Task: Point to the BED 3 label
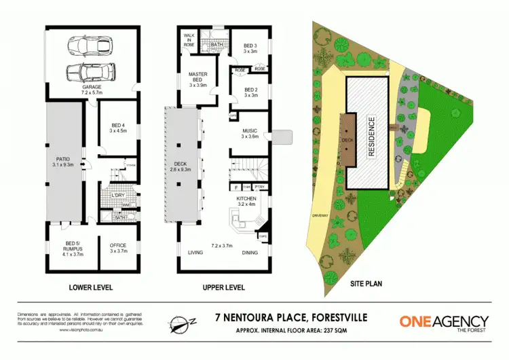250,47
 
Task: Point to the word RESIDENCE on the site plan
371,138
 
